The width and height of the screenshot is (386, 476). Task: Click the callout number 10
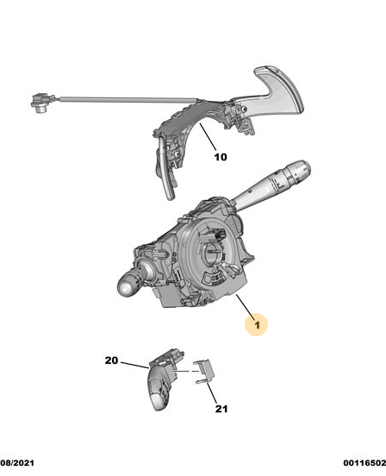[x=221, y=157]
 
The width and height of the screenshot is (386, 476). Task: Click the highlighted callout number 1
[x=257, y=325]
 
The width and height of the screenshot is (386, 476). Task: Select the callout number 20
[x=111, y=360]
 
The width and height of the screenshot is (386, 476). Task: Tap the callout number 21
[x=221, y=409]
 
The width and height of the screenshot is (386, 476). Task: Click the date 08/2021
[x=17, y=463]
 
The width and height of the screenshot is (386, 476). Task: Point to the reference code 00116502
[x=364, y=463]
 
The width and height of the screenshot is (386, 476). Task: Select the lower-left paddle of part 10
[x=165, y=174]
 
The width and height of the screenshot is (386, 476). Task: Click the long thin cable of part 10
[x=128, y=98]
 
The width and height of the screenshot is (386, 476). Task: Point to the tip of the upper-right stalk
[x=303, y=167]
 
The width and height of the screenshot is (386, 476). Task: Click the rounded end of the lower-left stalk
[x=126, y=288]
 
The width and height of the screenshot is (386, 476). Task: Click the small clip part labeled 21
[x=205, y=372]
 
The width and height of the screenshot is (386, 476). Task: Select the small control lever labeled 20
[x=163, y=379]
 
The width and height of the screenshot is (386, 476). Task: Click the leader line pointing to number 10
[x=209, y=137]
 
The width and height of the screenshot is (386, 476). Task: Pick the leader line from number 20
[x=134, y=365]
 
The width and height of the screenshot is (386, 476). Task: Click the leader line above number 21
[x=212, y=393]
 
